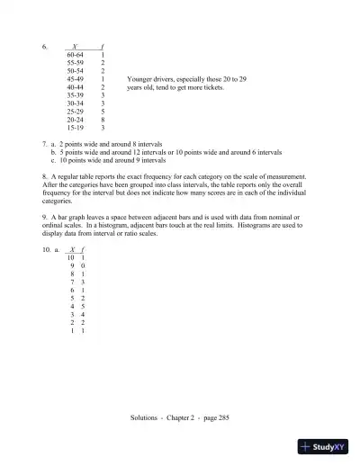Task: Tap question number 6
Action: [44, 46]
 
